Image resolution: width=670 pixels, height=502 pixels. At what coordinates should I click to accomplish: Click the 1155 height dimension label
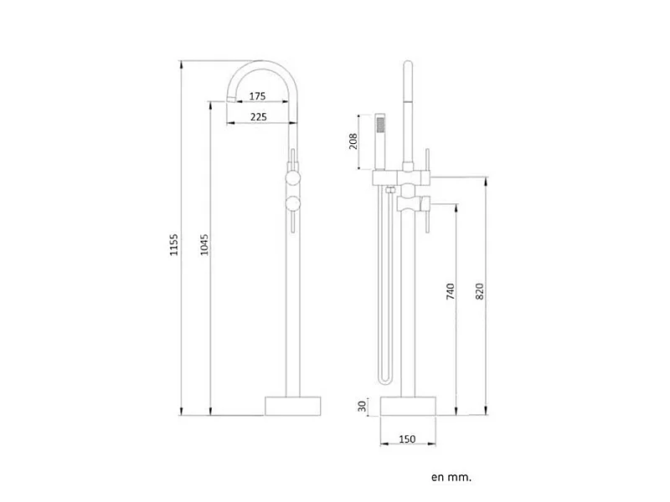pos(174,244)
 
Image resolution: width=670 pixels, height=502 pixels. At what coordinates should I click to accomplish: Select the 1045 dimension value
pos(204,244)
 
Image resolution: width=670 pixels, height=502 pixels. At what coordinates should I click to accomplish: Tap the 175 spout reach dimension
pos(258,96)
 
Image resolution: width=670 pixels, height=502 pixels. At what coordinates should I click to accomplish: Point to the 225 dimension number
pos(259,117)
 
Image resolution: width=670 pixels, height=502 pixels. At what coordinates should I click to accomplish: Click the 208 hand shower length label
pos(353,141)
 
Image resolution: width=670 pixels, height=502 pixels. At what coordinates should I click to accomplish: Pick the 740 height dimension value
pos(451,291)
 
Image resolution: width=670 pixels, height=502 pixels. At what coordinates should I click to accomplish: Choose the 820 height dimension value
pos(479,291)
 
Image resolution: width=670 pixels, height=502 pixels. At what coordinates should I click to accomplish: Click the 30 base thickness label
pos(363,406)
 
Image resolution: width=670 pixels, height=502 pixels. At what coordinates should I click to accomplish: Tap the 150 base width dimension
pos(407,438)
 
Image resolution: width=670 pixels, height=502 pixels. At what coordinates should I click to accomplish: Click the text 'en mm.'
pos(451,477)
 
